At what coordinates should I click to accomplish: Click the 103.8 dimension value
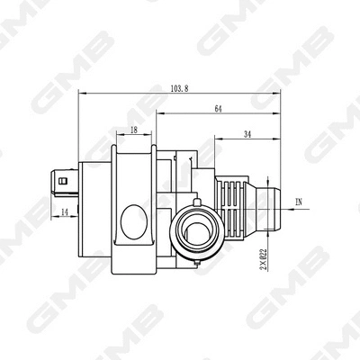[179, 87]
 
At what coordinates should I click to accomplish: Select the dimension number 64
[219, 109]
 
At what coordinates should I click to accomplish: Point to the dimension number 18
[134, 130]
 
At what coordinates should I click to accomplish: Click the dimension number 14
[66, 212]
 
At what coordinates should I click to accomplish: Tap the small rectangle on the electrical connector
[62, 179]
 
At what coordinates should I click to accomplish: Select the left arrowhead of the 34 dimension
[216, 139]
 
